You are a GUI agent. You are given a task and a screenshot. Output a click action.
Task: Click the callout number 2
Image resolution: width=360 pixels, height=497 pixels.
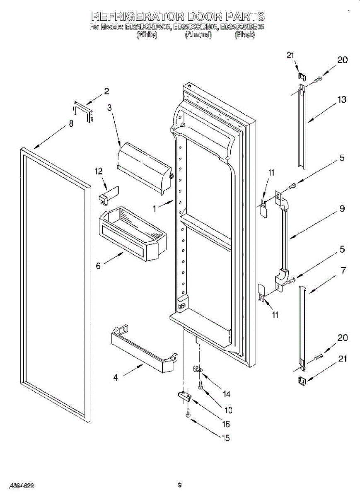click(106, 91)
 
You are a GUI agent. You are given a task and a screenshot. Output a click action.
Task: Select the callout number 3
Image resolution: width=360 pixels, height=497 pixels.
click(109, 108)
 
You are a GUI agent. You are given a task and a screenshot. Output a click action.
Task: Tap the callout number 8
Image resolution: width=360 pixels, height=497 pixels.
click(71, 123)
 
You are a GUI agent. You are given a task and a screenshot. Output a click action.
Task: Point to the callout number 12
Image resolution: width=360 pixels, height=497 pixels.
click(99, 171)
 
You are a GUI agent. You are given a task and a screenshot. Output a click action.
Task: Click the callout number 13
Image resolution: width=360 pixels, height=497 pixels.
click(342, 100)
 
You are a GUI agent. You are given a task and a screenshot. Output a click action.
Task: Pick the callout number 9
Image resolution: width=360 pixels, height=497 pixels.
click(342, 209)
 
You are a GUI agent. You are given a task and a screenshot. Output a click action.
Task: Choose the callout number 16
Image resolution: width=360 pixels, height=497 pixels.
click(226, 424)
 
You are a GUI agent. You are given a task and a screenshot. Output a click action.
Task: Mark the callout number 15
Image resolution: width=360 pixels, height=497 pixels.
click(226, 438)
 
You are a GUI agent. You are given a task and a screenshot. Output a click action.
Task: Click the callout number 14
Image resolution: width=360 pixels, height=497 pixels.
click(226, 393)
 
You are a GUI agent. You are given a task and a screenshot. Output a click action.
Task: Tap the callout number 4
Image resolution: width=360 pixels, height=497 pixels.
click(116, 377)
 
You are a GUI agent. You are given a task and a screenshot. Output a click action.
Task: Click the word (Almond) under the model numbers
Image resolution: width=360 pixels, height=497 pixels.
click(198, 36)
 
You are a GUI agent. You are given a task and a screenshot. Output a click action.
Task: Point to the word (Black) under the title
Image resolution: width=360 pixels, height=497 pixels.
click(244, 36)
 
